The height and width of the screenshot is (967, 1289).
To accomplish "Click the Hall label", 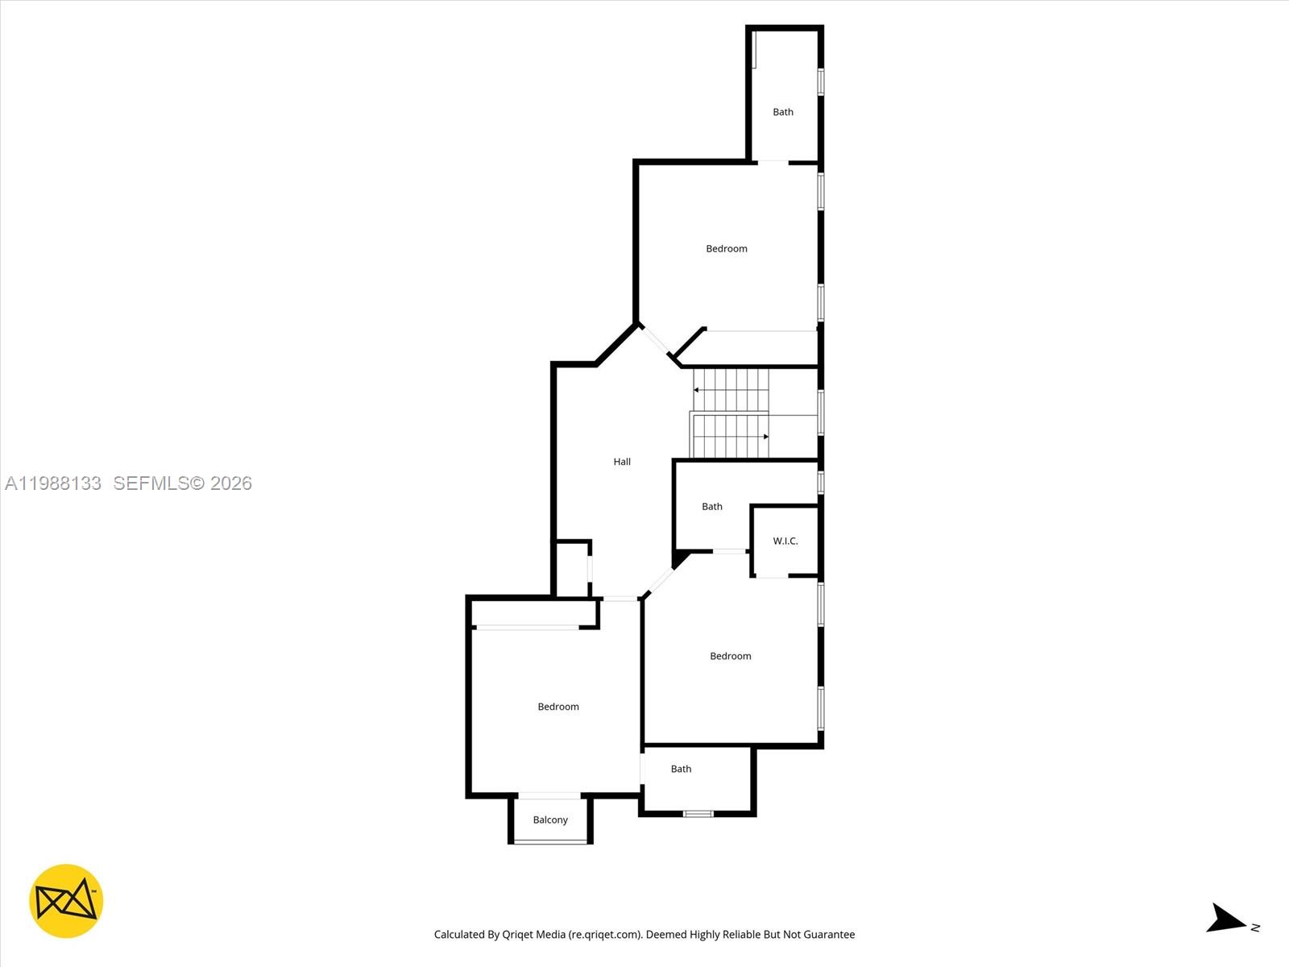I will tap(622, 462).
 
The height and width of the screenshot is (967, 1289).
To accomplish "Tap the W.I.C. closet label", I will tap(785, 541).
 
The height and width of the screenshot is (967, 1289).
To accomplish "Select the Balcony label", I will tap(550, 820).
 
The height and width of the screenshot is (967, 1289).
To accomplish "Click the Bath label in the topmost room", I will tap(783, 112).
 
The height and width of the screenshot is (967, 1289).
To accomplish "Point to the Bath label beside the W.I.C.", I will tap(712, 507).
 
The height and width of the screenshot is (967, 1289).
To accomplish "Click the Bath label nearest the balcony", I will tap(682, 769).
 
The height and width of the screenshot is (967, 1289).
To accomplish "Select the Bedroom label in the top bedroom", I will tap(727, 249).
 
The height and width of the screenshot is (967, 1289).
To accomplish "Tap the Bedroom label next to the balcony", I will tap(558, 707).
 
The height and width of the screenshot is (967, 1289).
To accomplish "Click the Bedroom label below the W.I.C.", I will tap(731, 656).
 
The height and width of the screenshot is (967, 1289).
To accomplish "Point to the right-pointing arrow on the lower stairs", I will tap(765, 437).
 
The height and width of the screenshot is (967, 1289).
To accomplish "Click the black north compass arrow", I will tap(1225, 919).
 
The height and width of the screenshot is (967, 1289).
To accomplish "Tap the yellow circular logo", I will tap(66, 901).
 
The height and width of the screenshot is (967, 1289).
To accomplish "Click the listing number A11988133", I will tap(53, 483).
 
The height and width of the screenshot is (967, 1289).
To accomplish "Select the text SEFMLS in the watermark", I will tap(151, 483).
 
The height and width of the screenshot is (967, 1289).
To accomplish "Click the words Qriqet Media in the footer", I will tap(534, 935).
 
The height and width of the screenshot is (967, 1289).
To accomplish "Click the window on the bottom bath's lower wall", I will tap(698, 813).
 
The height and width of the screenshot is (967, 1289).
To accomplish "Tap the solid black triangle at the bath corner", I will tap(680, 558).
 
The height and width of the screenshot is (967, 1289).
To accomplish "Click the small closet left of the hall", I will tap(572, 569).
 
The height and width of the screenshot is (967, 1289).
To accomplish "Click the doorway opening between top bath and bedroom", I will tap(772, 163).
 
